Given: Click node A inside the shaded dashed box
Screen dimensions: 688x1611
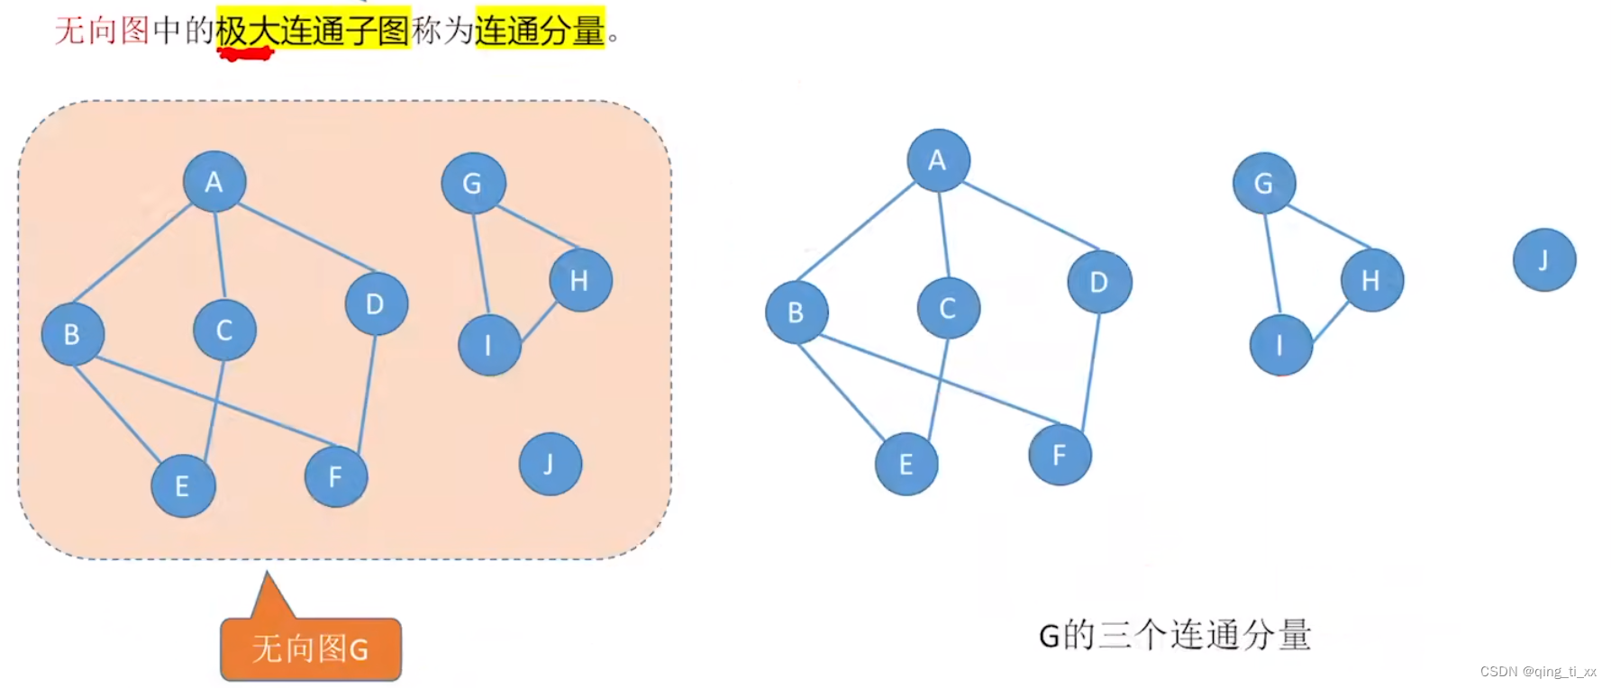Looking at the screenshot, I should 214,182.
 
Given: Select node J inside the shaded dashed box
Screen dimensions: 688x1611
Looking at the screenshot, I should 551,464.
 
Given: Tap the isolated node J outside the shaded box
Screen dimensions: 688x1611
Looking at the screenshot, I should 1544,260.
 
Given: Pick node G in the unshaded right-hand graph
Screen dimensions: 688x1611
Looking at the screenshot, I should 1264,184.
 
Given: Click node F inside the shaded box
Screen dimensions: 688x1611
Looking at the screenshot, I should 336,476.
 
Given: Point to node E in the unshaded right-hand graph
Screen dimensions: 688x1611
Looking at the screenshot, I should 906,464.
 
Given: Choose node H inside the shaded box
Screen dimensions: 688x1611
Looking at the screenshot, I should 580,281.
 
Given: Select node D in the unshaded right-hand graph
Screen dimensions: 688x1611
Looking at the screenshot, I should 1099,283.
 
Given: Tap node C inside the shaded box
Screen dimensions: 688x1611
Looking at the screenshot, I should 224,330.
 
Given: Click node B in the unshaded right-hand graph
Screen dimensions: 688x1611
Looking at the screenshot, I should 796,312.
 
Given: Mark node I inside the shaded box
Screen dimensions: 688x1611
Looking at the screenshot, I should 489,345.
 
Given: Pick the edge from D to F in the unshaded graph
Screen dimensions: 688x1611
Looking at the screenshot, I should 1090,369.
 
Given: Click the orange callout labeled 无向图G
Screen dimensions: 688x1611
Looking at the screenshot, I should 311,648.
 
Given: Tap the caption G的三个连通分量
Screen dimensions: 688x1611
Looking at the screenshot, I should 1174,636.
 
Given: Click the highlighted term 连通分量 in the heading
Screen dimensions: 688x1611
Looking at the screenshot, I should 540,30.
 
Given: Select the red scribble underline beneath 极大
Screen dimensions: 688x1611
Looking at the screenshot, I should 245,54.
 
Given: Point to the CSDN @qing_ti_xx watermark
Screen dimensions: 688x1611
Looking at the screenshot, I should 1537,672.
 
